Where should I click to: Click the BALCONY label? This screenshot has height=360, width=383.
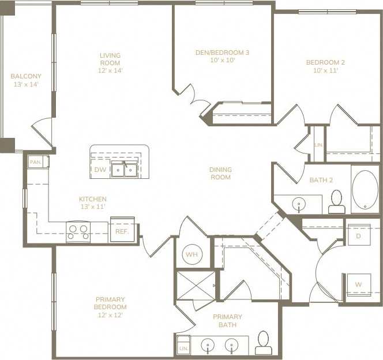pyautogui.click(x=25, y=76)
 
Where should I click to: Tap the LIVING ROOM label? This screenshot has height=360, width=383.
pyautogui.click(x=110, y=59)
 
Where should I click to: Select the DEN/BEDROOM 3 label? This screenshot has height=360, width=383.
pyautogui.click(x=222, y=52)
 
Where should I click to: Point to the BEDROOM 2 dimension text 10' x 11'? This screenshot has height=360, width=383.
pyautogui.click(x=325, y=70)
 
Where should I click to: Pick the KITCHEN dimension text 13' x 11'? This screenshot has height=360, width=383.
pyautogui.click(x=93, y=207)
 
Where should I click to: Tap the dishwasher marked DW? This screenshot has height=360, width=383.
pyautogui.click(x=100, y=170)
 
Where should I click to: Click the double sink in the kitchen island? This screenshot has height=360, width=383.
pyautogui.click(x=124, y=170)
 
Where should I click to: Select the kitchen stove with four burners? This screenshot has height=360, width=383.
pyautogui.click(x=79, y=232)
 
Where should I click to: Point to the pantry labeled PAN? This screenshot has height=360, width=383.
pyautogui.click(x=35, y=163)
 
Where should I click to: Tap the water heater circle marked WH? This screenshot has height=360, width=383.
pyautogui.click(x=191, y=254)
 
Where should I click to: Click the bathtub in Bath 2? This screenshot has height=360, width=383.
pyautogui.click(x=365, y=190)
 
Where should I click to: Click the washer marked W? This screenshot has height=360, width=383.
pyautogui.click(x=358, y=284)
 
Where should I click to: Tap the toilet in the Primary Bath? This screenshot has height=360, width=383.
pyautogui.click(x=263, y=343)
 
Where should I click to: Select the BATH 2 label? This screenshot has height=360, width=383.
pyautogui.click(x=321, y=180)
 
